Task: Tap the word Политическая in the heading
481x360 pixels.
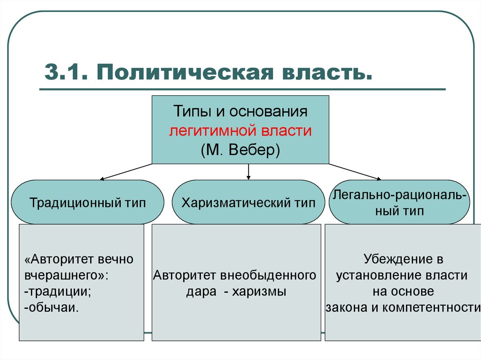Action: [x=185, y=72]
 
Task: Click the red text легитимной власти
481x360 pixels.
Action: [x=240, y=130]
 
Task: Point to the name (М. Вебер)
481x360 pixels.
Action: [x=240, y=150]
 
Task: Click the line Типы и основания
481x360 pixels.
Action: [x=240, y=111]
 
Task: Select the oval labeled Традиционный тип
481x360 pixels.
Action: [x=87, y=202]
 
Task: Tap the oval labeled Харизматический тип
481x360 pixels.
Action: [x=248, y=202]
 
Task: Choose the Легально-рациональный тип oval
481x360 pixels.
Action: [x=399, y=202]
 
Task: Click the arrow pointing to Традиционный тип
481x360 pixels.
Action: [x=126, y=172]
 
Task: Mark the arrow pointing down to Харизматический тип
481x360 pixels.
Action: [x=248, y=172]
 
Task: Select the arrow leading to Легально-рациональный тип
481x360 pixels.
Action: [x=355, y=172]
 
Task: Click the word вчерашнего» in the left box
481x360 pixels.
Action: [x=66, y=276]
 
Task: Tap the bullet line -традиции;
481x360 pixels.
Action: [x=57, y=291]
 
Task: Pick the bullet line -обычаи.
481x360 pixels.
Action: [x=51, y=307]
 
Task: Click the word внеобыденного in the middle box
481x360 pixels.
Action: [x=268, y=276]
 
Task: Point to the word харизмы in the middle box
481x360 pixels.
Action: [x=259, y=291]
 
